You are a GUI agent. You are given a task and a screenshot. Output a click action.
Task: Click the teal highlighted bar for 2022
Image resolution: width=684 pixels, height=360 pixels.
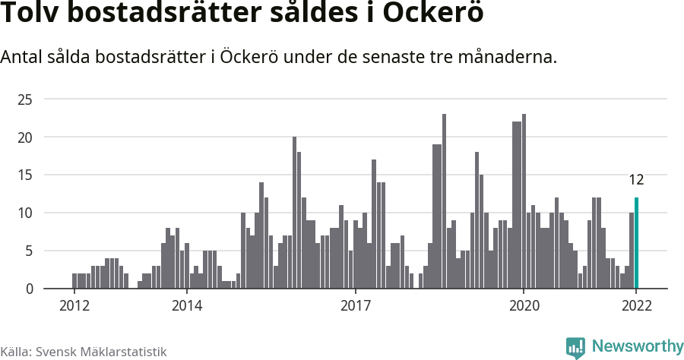(636, 243)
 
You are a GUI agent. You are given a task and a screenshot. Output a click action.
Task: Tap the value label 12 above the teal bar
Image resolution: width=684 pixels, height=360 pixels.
(636, 180)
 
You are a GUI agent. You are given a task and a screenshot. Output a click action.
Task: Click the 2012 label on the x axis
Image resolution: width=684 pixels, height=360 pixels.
(74, 306)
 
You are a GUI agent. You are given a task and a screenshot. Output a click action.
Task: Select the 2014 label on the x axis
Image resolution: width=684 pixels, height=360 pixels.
(186, 306)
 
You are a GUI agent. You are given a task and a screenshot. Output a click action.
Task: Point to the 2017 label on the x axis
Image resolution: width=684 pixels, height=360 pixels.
(355, 306)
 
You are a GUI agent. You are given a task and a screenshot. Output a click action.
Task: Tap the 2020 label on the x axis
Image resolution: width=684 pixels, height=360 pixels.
(524, 306)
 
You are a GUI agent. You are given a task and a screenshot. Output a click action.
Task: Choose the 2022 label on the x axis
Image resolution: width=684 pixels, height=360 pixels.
(636, 306)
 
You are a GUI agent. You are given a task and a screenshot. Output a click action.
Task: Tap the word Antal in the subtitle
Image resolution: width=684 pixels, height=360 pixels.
(24, 57)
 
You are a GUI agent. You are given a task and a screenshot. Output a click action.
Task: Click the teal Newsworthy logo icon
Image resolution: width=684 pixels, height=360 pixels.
(575, 347)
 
